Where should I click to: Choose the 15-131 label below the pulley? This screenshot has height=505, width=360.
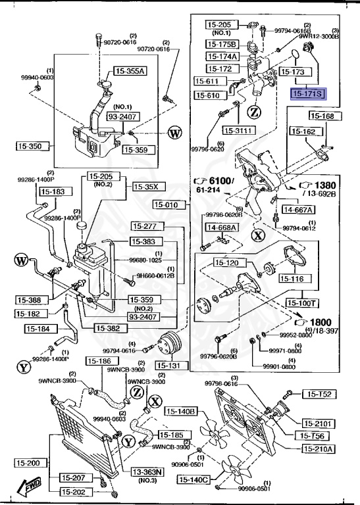click(170, 365)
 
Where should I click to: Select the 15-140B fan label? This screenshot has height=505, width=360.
click(181, 412)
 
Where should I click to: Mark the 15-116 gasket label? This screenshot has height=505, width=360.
click(291, 279)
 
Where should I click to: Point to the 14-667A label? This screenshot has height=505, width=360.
click(298, 210)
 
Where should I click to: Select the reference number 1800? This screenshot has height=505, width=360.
click(322, 322)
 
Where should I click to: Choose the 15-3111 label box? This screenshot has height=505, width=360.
click(238, 130)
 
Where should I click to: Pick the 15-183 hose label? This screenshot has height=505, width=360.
click(53, 191)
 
